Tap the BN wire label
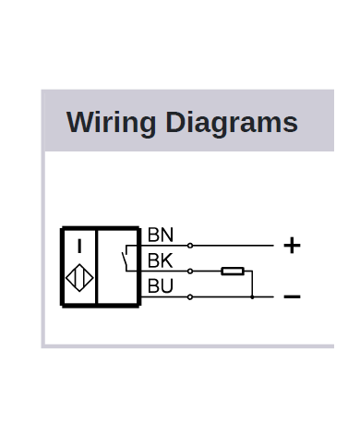pos(161,236)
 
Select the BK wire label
pos(161,260)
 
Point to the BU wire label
pos(161,286)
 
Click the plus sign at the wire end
pos(292,246)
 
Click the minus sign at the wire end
pos(292,296)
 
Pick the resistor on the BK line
pos(233,272)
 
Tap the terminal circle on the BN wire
pos(190,246)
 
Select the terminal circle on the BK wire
pos(190,272)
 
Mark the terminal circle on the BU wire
pos(190,296)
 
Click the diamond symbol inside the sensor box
pos(79,280)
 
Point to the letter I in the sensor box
pos(79,247)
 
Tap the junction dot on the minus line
pos(252,296)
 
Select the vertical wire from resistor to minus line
pos(252,284)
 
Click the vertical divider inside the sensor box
pos(97,266)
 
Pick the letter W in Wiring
pos(80,124)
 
